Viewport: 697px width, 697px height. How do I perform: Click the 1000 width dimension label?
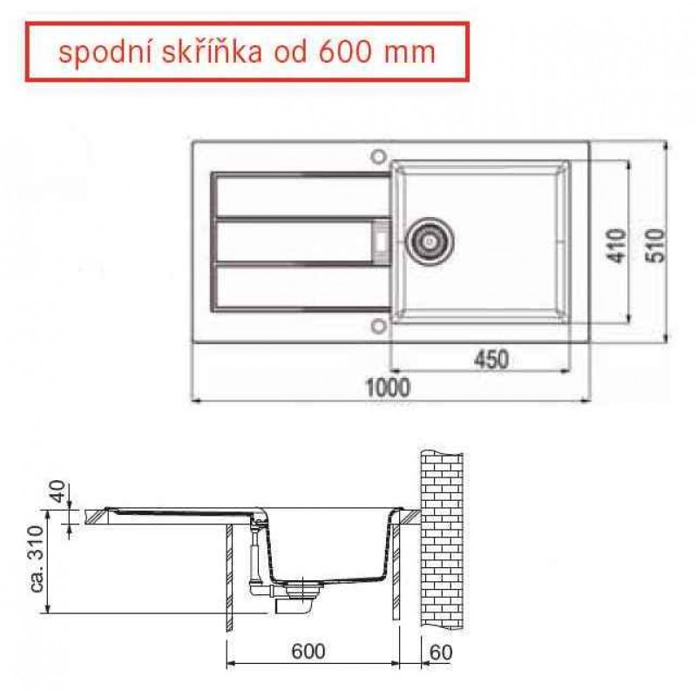pyautogui.click(x=388, y=388)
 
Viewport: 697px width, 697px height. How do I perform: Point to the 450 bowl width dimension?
pyautogui.click(x=491, y=360)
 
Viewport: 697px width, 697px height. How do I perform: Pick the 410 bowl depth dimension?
pyautogui.click(x=616, y=246)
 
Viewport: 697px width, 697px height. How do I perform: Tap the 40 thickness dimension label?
pyautogui.click(x=58, y=491)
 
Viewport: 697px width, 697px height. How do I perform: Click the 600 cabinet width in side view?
pyautogui.click(x=308, y=652)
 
